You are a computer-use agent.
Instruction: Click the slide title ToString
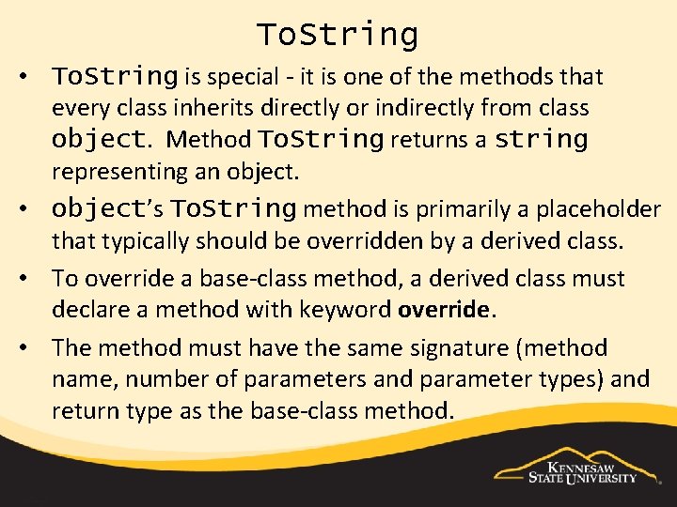point(338,35)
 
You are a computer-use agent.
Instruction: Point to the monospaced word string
point(541,140)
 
